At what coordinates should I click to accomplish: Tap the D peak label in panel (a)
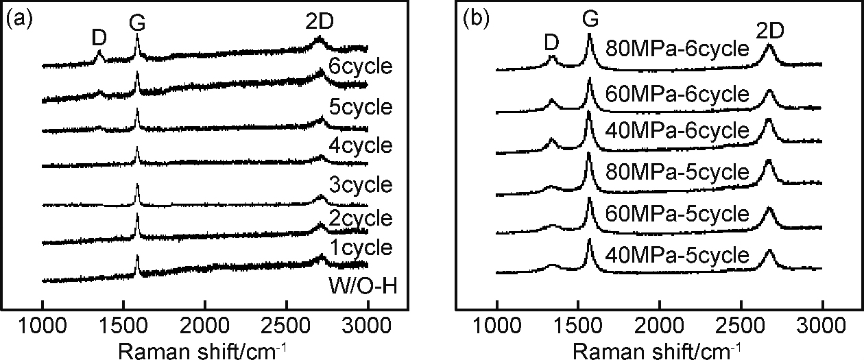pyautogui.click(x=99, y=38)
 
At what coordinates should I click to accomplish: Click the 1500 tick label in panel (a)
pyautogui.click(x=123, y=323)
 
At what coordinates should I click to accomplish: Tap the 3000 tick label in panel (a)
pyautogui.click(x=367, y=323)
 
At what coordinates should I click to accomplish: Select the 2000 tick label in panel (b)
pyautogui.click(x=658, y=323)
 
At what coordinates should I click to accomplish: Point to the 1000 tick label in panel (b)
pyautogui.click(x=496, y=323)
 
